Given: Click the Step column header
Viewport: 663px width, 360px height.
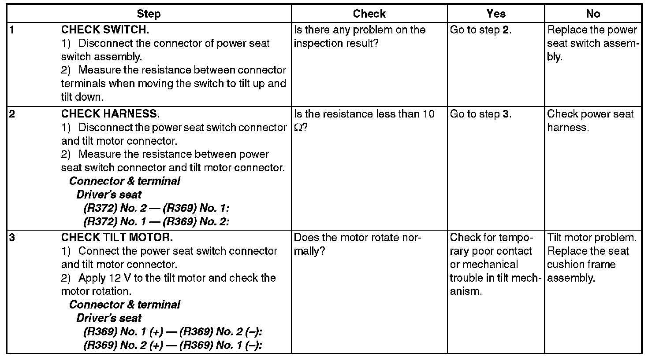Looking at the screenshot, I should tap(149, 14).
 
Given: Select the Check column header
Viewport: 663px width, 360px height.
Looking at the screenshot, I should tap(369, 14).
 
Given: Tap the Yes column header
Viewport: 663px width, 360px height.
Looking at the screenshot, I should tap(496, 14).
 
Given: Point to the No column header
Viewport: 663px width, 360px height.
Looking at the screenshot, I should tap(593, 14).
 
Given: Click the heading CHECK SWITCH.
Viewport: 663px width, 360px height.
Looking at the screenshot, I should tap(105, 30).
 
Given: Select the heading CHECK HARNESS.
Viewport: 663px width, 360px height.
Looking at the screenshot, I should tap(110, 114).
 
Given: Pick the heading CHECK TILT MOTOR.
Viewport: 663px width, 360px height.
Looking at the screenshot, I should tap(117, 238).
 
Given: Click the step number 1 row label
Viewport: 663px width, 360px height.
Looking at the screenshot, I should tap(12, 30).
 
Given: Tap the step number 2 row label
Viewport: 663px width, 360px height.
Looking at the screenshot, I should tap(12, 114).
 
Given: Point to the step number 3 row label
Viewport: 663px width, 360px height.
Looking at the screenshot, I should tap(12, 238).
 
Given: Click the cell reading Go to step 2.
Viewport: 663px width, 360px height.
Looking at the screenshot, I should tap(480, 30).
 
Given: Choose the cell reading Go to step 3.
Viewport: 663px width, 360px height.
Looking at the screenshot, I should tap(480, 114).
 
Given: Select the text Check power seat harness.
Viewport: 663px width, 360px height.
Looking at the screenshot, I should tap(590, 121).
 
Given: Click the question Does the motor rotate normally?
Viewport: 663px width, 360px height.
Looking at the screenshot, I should tap(358, 244).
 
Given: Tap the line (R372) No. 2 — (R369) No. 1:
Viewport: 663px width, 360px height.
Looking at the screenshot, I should tap(156, 208).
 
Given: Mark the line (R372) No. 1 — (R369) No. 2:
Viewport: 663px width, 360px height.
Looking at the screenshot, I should tap(156, 221).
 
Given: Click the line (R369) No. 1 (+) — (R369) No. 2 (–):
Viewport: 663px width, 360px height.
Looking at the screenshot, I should tap(175, 332).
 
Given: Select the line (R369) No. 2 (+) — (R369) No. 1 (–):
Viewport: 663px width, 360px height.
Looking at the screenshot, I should tap(173, 345).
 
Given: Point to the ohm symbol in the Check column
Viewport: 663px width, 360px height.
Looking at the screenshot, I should tap(298, 128).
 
